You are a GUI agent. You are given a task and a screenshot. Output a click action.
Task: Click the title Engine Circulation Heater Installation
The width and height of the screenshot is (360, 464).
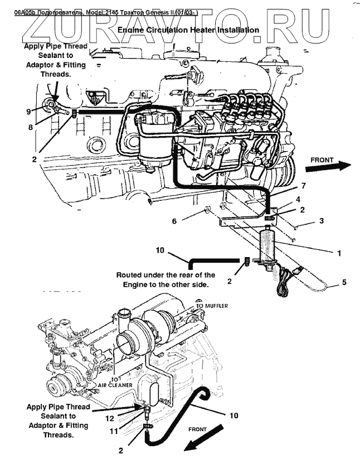pos(189,30)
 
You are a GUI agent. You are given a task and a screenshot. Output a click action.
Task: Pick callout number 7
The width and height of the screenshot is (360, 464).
pos(303,185)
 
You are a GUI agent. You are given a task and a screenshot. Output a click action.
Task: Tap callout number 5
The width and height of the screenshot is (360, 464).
pos(344,282)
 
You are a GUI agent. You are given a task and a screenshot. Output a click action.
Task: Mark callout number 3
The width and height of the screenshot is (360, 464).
pos(321,221)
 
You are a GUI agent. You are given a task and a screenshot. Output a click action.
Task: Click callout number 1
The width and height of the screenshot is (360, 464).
pos(338,253)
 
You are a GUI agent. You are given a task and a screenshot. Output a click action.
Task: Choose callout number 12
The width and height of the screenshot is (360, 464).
pos(110,418)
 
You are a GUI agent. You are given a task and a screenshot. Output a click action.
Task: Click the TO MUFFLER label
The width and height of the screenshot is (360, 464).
pos(211,306)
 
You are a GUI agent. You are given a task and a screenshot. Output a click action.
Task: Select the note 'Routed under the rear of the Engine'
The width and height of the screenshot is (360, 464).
pos(166,279)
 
